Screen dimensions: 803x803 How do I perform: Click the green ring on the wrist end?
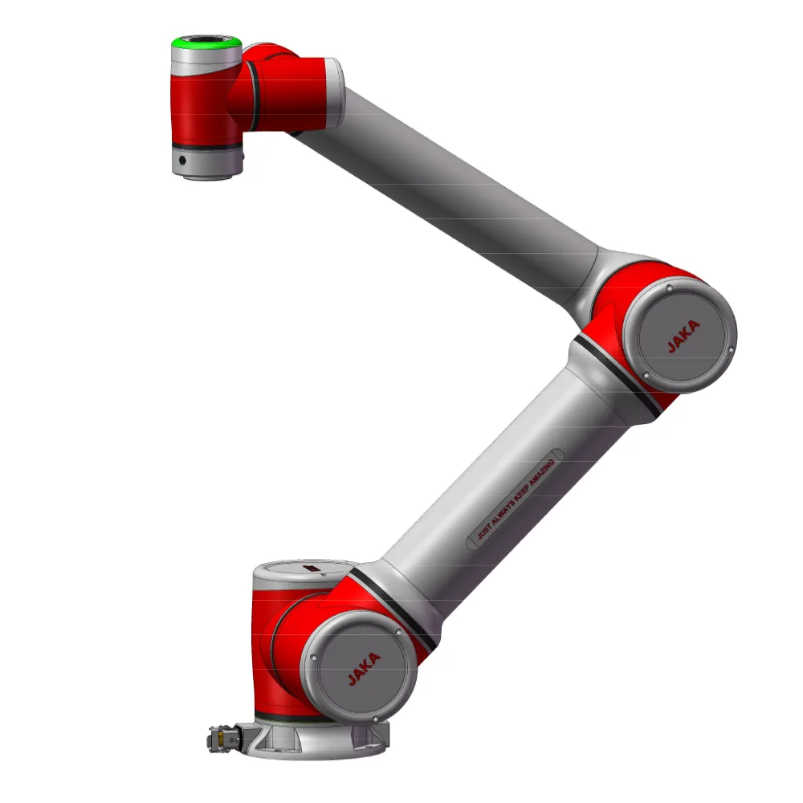pos(206,44)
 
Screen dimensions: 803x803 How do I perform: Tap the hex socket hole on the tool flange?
pos(182,161)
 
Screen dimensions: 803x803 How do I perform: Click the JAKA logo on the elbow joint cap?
pos(683,336)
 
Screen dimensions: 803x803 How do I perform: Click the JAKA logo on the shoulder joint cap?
pos(364,668)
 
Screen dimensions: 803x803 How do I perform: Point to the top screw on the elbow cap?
pos(669,289)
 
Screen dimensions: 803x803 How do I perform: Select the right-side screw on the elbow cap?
pos(731,350)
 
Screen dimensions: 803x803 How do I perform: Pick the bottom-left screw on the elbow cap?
pos(646,375)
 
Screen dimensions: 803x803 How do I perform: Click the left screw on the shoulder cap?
pos(313,658)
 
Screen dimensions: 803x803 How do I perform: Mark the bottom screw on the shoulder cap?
pos(375,719)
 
